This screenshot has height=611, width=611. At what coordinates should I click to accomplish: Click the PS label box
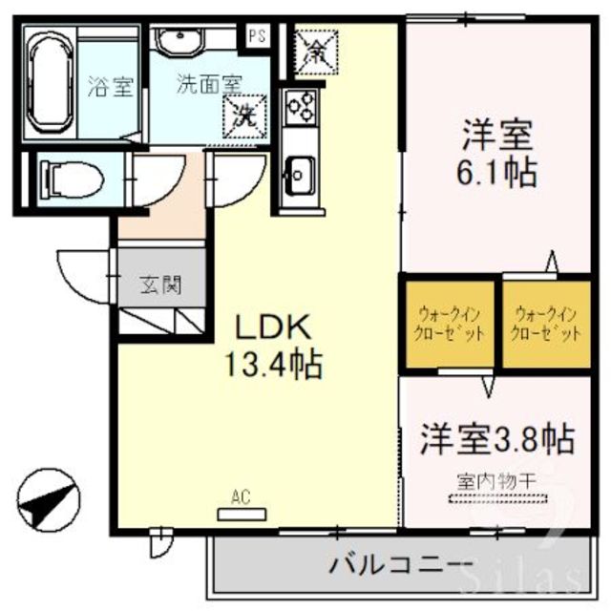[x=256, y=36]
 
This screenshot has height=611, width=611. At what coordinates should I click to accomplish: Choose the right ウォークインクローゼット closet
[x=547, y=325]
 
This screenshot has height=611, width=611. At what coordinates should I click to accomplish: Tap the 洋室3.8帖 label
[x=496, y=439]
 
